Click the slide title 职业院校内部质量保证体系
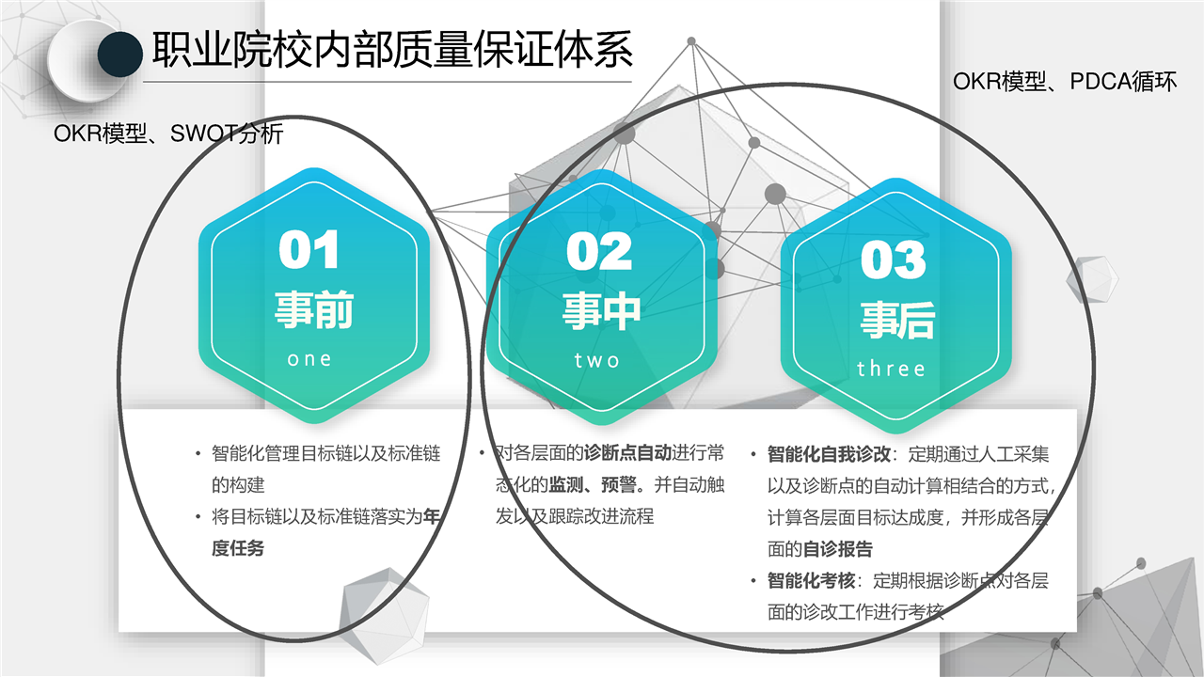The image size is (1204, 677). tap(392, 50)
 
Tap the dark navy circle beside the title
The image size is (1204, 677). tap(119, 55)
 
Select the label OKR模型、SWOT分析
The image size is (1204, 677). tap(168, 134)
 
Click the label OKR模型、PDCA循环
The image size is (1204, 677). tap(1065, 82)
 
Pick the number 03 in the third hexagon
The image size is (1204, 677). tap(893, 260)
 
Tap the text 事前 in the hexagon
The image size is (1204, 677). tap(314, 309)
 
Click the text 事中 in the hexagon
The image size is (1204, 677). tap(601, 311)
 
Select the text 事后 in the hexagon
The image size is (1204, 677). tap(897, 320)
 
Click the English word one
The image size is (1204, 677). tap(309, 359)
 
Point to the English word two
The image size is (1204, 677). tap(597, 360)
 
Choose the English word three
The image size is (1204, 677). tap(891, 370)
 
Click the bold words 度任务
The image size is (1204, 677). tap(238, 548)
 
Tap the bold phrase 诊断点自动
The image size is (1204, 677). tap(627, 453)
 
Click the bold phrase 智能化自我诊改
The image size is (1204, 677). tap(829, 454)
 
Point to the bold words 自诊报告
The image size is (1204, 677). tap(837, 549)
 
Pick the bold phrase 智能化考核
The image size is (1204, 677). tap(811, 581)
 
